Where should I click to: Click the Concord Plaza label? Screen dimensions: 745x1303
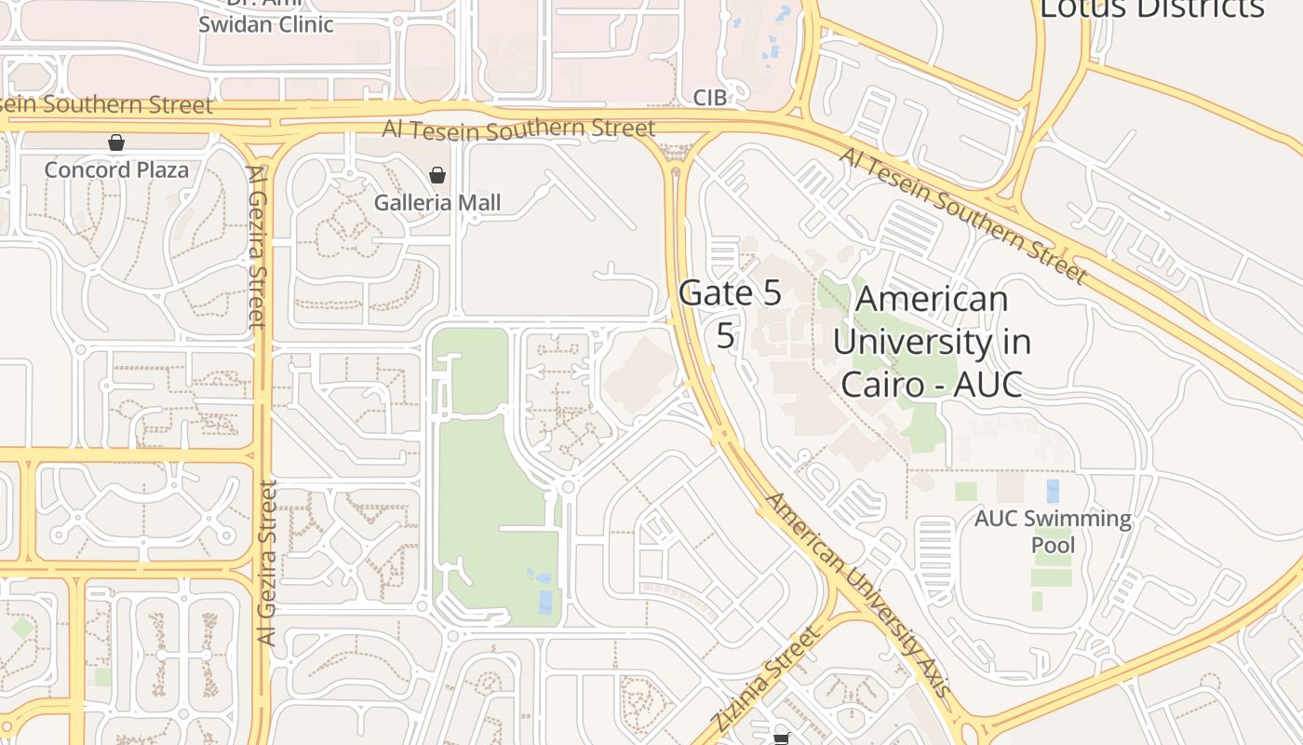[116, 169]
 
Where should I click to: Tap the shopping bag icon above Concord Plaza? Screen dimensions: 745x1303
[116, 142]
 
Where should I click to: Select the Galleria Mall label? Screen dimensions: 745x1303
[437, 202]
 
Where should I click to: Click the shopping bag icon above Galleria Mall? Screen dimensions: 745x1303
[437, 175]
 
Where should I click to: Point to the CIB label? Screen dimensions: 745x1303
[709, 98]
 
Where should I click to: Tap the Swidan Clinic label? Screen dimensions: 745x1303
[265, 24]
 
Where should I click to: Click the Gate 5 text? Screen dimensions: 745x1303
[730, 292]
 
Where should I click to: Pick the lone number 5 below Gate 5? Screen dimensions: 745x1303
[726, 336]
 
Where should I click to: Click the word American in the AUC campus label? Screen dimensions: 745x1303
[932, 299]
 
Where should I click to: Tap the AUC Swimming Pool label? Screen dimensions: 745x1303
[1053, 531]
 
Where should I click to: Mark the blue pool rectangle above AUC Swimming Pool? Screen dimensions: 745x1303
[1053, 491]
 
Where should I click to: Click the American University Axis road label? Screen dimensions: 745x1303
[857, 595]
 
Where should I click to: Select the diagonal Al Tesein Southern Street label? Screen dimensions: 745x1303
[962, 214]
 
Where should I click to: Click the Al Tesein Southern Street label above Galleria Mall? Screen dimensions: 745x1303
[518, 129]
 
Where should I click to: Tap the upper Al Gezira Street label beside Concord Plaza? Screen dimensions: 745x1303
[257, 247]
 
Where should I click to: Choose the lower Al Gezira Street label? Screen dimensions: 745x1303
[267, 562]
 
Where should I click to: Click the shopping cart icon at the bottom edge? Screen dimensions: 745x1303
[781, 738]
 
